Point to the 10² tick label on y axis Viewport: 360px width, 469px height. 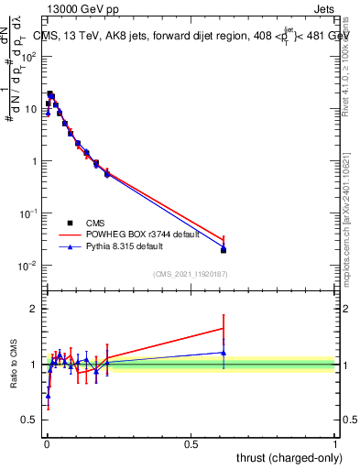[30, 57]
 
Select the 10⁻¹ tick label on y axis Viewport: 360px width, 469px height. [30, 213]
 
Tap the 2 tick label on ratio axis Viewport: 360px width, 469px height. [33, 309]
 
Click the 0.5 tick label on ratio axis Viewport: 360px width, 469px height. [29, 420]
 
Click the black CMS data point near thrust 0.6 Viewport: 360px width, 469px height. [224, 250]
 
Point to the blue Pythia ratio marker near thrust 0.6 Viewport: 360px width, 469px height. [224, 353]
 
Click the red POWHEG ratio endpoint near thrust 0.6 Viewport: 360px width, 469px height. [224, 328]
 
